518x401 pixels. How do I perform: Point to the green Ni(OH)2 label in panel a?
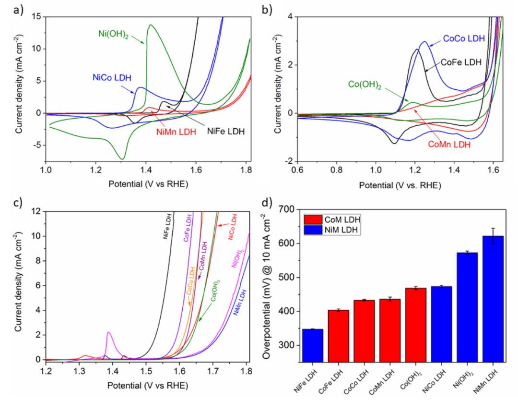pyautogui.click(x=109, y=33)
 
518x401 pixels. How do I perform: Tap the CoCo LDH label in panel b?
pyautogui.click(x=464, y=38)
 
